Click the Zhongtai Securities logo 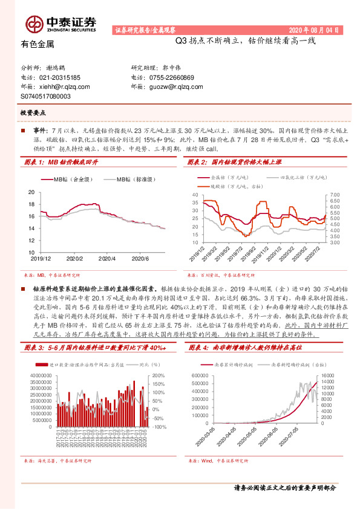click(x=61, y=23)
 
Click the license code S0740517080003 click(x=46, y=96)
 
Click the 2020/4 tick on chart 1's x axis click(x=106, y=258)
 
